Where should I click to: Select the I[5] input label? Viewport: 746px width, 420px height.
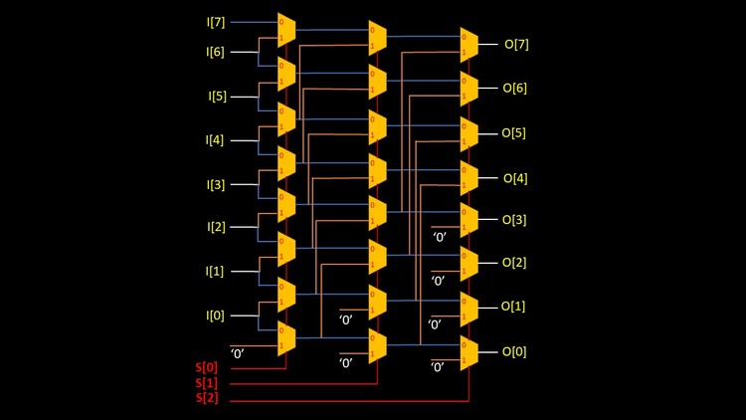217,97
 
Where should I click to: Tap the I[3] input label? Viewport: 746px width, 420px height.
217,184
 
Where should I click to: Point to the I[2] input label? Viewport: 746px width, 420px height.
217,227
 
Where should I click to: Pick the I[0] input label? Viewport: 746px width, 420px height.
216,315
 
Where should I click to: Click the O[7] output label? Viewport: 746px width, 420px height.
516,44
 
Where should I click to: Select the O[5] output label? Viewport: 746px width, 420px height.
513,132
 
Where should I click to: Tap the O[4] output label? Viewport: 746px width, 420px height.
515,177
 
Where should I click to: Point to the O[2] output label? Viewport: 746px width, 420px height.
514,263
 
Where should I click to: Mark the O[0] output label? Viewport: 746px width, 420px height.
515,351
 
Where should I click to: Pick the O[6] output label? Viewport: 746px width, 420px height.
514,88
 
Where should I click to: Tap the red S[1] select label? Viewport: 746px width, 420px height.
208,383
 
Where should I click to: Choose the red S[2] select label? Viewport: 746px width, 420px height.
208,399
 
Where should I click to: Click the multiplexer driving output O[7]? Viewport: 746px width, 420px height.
468,44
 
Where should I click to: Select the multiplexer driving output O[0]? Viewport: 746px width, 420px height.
468,351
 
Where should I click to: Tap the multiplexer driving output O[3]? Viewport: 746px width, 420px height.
468,219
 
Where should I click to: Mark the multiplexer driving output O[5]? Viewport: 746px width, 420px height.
468,132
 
